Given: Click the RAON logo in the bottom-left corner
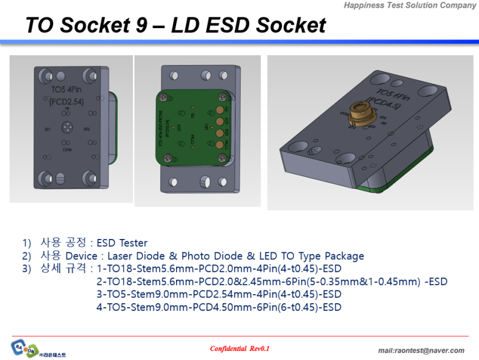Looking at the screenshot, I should pos(24,347).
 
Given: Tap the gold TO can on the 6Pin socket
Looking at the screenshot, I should pos(357,112).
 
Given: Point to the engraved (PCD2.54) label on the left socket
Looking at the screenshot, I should pos(66,102).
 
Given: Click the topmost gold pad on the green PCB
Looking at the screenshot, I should pos(221,110).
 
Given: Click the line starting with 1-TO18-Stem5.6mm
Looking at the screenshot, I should pos(219,268).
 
